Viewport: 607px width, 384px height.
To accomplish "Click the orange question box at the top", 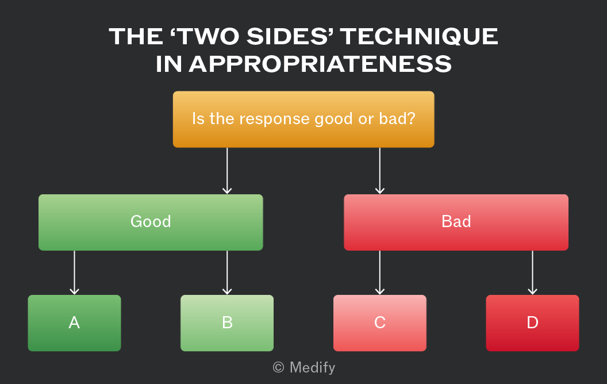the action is coord(303,119).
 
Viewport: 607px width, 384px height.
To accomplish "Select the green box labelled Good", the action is coord(151,222).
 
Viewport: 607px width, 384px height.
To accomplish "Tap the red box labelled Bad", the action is coord(456,222).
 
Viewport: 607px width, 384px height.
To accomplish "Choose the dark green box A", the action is coord(74,323).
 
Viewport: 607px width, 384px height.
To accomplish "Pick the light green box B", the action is coord(227,323).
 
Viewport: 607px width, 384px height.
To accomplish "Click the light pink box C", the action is coord(380,323).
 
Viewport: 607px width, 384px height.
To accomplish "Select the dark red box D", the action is coord(532,323).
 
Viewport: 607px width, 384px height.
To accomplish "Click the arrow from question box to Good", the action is coord(227,171).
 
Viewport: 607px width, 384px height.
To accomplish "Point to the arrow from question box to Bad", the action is coord(380,171).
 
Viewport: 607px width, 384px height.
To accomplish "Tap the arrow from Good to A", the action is coord(74,272).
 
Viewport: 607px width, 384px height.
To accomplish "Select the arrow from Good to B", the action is coord(227,272).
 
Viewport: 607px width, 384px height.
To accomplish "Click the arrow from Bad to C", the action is coord(380,272).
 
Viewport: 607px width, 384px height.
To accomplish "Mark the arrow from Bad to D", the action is coord(532,272).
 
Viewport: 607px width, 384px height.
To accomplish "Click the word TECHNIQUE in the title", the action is coord(419,37).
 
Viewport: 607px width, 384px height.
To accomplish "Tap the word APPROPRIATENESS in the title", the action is coord(321,64).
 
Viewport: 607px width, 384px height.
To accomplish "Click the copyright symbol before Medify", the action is coord(278,367).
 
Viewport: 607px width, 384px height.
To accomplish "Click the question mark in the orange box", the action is coord(411,118).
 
